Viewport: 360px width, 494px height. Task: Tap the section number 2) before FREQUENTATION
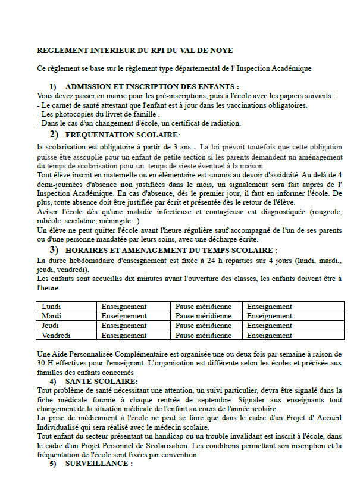click(x=54, y=135)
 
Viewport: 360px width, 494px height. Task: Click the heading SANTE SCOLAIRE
click(x=102, y=381)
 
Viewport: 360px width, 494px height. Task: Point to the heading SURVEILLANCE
click(x=99, y=464)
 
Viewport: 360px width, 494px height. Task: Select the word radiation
click(x=223, y=123)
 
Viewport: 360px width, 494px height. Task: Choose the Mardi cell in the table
click(x=52, y=316)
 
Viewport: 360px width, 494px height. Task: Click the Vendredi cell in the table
click(x=57, y=336)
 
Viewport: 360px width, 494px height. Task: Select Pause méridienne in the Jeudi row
click(x=204, y=326)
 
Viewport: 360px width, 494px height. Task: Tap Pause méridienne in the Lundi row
click(x=204, y=307)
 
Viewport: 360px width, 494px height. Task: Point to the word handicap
click(x=162, y=436)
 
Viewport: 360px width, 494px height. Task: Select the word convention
click(x=183, y=455)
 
